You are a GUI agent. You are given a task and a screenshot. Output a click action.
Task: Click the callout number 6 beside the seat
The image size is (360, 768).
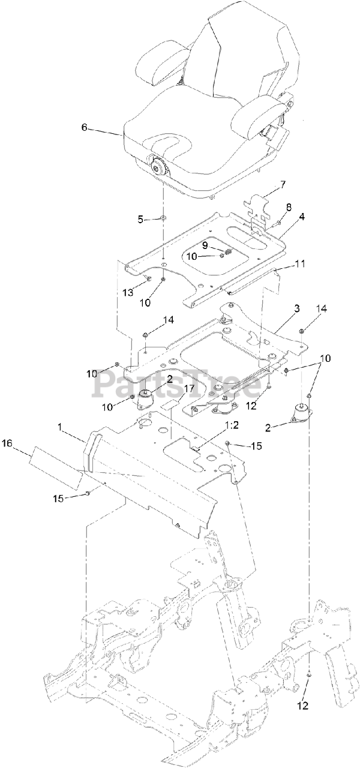[x=84, y=127]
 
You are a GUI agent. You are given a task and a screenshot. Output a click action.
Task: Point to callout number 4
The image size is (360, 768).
[x=302, y=217]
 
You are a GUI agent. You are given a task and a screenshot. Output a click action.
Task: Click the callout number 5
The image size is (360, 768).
[x=141, y=220]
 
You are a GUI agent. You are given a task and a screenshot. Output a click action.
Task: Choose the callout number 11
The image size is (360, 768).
[x=300, y=263]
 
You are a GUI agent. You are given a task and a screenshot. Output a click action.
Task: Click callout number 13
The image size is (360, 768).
[x=128, y=292]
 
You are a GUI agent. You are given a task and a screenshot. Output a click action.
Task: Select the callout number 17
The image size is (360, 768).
[x=189, y=389]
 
